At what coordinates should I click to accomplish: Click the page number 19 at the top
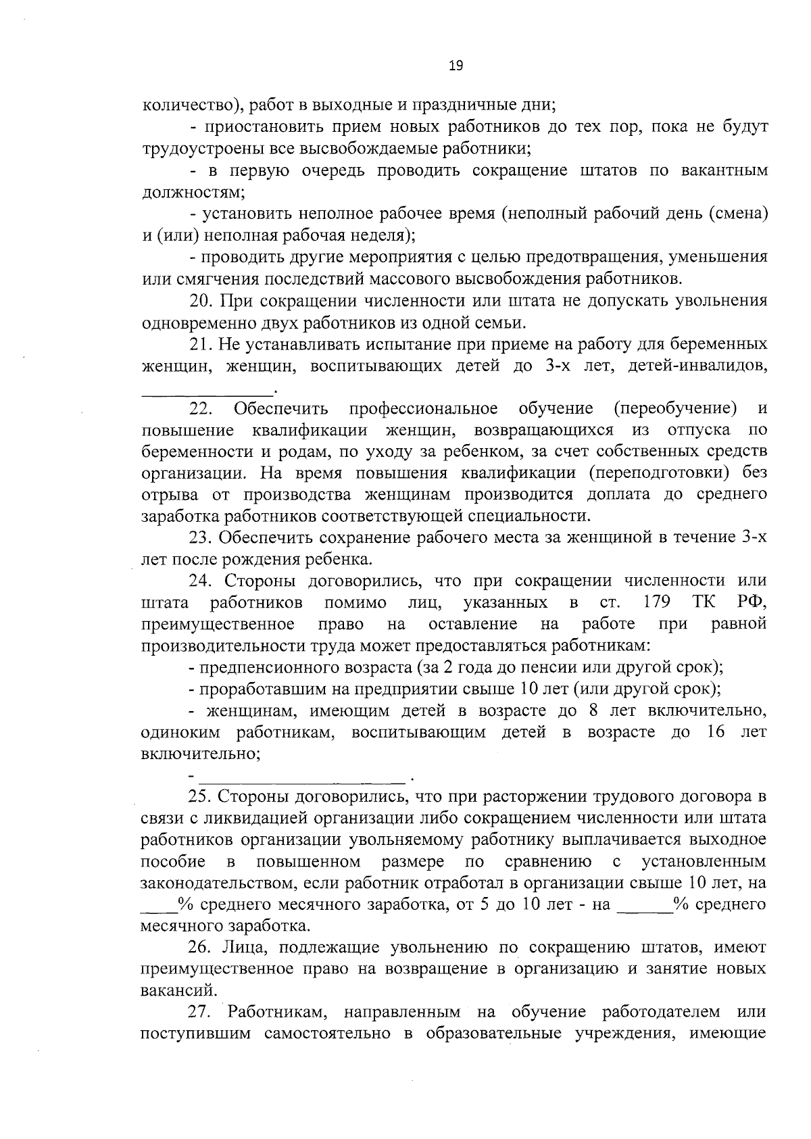click(x=456, y=66)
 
